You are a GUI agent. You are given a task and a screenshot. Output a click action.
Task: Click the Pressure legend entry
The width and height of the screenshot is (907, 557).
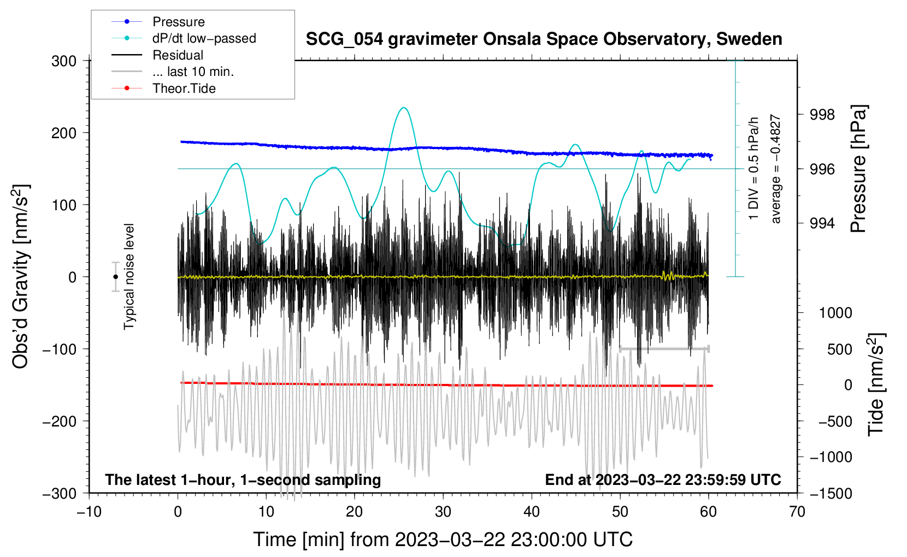(178, 22)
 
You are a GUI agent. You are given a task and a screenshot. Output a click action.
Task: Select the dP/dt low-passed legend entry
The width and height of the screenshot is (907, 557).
(204, 38)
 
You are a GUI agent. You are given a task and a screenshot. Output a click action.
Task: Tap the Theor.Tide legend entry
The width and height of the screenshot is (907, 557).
(184, 88)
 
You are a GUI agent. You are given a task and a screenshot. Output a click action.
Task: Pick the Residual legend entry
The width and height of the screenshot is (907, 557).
(178, 55)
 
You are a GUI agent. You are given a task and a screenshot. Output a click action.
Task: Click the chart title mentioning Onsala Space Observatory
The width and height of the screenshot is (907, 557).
(544, 39)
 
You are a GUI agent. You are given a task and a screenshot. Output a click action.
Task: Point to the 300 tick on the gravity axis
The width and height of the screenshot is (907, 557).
(64, 61)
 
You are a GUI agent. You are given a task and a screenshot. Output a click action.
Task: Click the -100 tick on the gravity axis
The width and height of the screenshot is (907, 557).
(60, 349)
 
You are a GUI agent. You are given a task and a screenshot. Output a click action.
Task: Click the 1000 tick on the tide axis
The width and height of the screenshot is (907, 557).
(835, 313)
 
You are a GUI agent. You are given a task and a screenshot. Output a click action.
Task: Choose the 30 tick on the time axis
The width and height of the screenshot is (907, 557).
(443, 512)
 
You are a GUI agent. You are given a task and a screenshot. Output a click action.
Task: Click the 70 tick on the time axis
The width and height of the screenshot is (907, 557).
(797, 512)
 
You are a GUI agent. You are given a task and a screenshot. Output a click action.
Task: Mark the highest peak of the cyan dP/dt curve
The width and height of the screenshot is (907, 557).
(404, 108)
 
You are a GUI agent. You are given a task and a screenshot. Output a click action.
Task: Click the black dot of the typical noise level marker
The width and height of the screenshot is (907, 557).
(116, 277)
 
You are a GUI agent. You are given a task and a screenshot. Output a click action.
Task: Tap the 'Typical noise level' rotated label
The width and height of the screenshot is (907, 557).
(129, 276)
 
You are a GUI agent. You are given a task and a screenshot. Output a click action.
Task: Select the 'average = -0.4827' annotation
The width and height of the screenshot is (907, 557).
(776, 169)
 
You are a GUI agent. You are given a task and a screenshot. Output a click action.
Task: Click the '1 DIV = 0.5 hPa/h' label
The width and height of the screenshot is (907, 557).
(754, 168)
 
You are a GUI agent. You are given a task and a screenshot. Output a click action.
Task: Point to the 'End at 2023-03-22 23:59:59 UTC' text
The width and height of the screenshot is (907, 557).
(663, 479)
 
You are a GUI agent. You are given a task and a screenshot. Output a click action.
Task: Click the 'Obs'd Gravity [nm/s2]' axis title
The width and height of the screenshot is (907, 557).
(21, 276)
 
